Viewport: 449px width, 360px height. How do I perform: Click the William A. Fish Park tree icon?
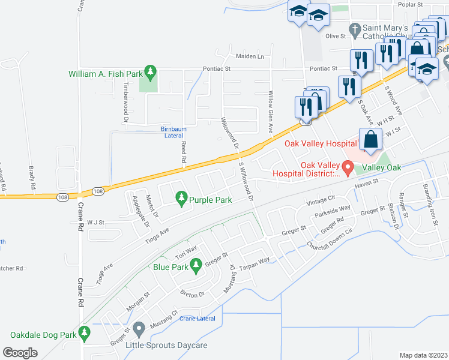coord(151,74)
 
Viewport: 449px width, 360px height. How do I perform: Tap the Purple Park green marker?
coord(181,197)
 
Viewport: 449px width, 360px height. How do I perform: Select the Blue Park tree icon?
coord(195,265)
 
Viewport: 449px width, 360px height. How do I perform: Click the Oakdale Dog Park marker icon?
coord(85,332)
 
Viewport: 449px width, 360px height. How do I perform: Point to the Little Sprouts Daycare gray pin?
coord(139,329)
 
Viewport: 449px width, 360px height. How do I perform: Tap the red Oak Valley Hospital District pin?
coord(347,167)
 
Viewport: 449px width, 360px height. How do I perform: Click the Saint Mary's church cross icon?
coord(355,29)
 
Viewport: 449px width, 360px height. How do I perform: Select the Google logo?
coord(20,353)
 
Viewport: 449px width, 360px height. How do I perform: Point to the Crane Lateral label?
coord(197,319)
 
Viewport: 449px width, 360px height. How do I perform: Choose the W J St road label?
coord(96,222)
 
